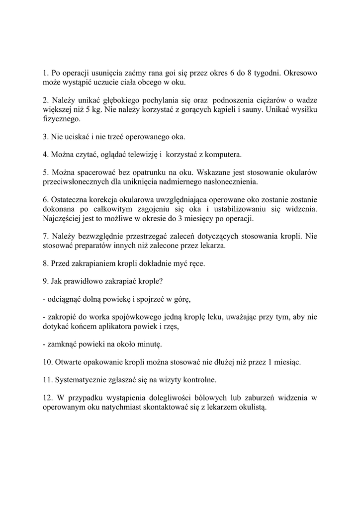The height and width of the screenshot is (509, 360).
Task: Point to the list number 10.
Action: (x=48, y=362)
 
